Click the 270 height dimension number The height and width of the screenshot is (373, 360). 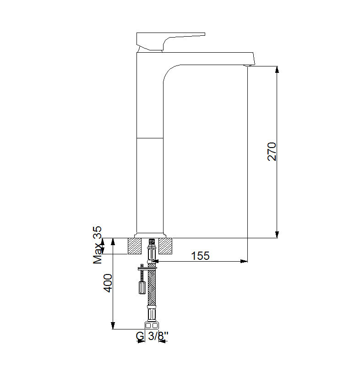tap(272, 152)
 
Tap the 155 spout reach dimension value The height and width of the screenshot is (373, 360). tap(200, 256)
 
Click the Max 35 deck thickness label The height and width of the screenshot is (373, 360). tap(98, 245)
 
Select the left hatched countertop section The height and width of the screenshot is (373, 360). tap(135, 246)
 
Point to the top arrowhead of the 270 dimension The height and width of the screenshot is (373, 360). tap(277, 69)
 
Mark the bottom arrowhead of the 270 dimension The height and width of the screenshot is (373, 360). tap(277, 235)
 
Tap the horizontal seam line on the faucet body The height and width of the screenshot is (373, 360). tap(150, 137)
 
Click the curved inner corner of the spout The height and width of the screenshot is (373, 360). tap(169, 71)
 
